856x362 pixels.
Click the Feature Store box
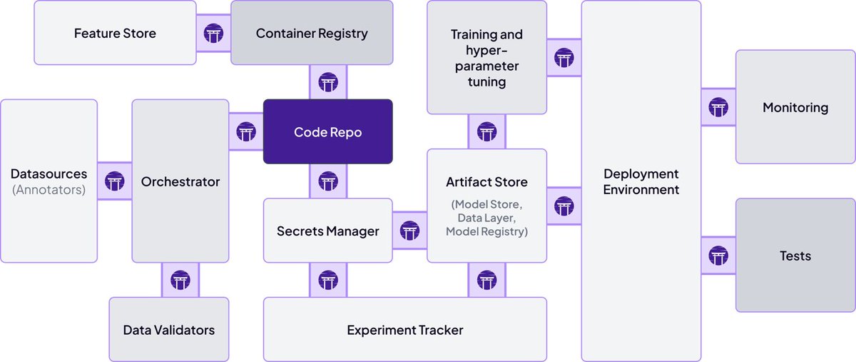(115, 33)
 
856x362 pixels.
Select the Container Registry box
(312, 33)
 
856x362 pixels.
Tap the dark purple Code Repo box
(328, 132)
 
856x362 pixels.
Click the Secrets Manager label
(328, 231)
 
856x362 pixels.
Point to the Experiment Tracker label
(404, 330)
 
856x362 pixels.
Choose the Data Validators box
(168, 330)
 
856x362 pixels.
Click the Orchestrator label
(180, 181)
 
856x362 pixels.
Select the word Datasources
(49, 174)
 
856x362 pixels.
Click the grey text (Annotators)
(49, 190)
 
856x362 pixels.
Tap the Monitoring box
(795, 108)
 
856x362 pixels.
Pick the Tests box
(795, 256)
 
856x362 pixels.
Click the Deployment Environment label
(641, 181)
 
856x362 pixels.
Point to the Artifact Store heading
(486, 182)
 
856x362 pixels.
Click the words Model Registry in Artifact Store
(486, 231)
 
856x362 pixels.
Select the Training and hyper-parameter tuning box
(486, 58)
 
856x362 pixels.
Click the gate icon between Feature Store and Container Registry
(213, 33)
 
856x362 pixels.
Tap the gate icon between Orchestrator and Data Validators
(180, 280)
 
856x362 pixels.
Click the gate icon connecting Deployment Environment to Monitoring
(718, 108)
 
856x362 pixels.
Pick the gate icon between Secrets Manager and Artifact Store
(409, 231)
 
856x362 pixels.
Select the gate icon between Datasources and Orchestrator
(115, 181)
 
